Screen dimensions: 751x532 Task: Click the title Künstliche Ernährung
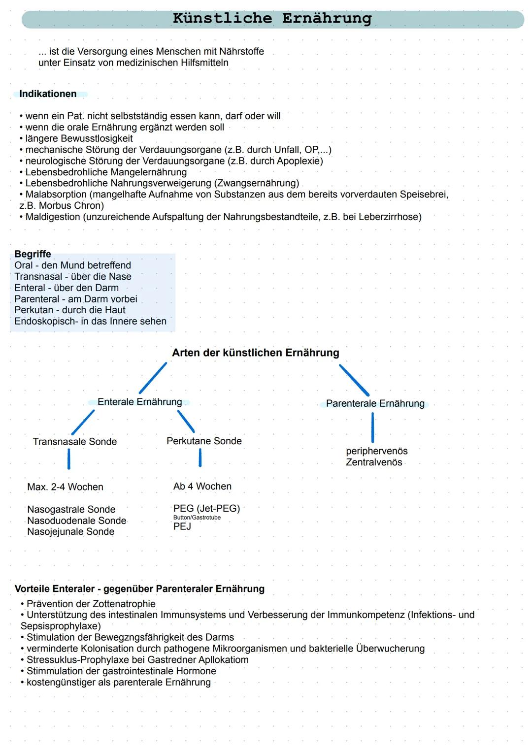pyautogui.click(x=272, y=19)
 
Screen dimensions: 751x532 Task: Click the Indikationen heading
pyautogui.click(x=48, y=94)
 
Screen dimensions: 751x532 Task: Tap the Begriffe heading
pyautogui.click(x=33, y=254)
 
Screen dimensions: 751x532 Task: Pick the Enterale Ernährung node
pyautogui.click(x=139, y=402)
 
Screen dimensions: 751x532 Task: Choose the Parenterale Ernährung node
pyautogui.click(x=375, y=404)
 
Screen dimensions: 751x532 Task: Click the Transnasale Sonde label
pyautogui.click(x=75, y=442)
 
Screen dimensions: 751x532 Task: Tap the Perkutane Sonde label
pyautogui.click(x=204, y=441)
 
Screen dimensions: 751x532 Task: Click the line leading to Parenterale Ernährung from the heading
pyautogui.click(x=354, y=380)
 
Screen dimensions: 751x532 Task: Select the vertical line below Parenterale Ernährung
pyautogui.click(x=372, y=427)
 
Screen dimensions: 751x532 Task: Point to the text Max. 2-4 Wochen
pyautogui.click(x=65, y=487)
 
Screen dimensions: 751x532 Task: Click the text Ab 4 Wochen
pyautogui.click(x=202, y=487)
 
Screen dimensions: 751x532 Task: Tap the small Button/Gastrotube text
pyautogui.click(x=197, y=518)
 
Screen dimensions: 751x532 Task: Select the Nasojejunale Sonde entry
pyautogui.click(x=70, y=532)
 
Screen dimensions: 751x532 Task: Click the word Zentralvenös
pyautogui.click(x=374, y=462)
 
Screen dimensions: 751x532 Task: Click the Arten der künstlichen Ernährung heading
pyautogui.click(x=255, y=353)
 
